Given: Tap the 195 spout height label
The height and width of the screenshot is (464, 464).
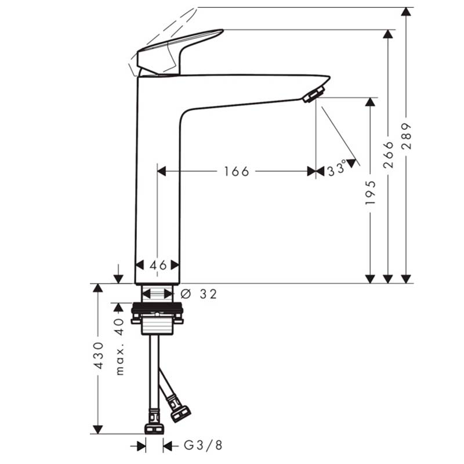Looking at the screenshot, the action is pos(370,193).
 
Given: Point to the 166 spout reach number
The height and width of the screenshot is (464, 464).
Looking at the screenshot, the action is pos(237,171).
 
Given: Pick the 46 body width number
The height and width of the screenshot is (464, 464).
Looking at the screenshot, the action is pos(158,266).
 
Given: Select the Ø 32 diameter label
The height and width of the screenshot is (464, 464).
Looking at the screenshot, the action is pos(199,294).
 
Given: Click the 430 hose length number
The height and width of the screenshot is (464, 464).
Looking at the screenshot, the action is pos(98,356).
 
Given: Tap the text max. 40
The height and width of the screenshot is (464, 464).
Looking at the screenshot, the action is pos(119,347).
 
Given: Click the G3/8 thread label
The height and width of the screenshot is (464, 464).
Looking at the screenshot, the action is pos(203,445).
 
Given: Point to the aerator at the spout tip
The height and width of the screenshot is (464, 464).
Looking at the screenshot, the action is pos(314,95).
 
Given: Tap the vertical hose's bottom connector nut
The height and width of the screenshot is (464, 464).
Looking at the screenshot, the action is pos(154,429).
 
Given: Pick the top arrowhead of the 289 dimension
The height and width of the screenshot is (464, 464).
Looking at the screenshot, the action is pos(407,12).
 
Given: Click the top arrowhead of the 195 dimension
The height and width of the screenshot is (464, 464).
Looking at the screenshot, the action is pos(370,102).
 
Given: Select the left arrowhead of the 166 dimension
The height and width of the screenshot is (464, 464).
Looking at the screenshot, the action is pos(162,171).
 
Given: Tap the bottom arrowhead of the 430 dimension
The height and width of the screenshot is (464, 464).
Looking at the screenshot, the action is pos(98,429).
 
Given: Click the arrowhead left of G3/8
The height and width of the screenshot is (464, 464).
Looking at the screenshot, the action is pos(142,445).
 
